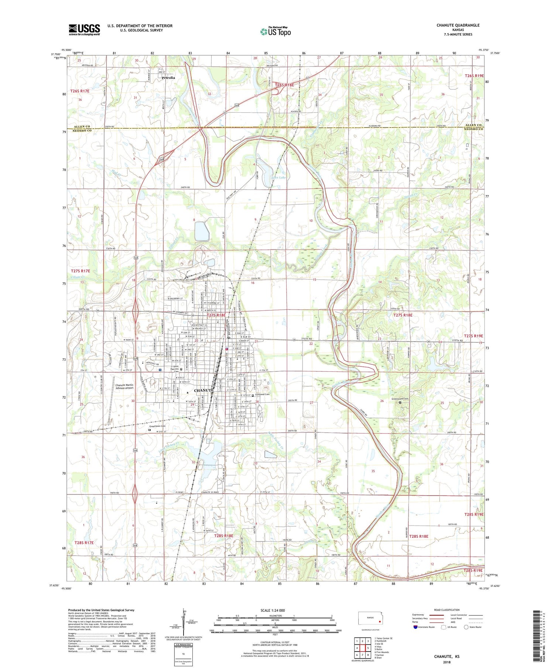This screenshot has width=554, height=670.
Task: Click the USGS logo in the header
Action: click(84, 30)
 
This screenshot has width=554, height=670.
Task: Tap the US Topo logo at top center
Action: click(275, 32)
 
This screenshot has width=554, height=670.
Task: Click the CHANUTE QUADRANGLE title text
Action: click(458, 25)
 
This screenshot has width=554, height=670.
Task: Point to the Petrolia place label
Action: click(168, 78)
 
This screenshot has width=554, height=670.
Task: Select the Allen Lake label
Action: click(278, 178)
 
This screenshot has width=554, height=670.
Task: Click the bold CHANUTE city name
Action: click(203, 390)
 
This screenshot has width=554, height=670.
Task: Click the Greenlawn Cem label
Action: click(157, 426)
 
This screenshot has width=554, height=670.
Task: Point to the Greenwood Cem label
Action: click(400, 399)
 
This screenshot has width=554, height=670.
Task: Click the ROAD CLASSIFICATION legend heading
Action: click(447, 610)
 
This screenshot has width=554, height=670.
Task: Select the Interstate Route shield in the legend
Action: click(415, 627)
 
